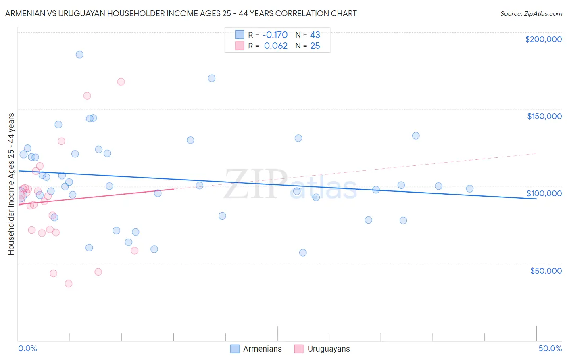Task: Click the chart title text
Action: point(181,13)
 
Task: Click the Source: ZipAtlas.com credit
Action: point(531,13)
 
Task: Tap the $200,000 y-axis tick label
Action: point(543,39)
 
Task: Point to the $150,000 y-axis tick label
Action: point(544,116)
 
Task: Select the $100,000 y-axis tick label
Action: point(544,193)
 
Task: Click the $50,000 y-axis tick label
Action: point(546,270)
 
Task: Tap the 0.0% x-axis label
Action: point(27,348)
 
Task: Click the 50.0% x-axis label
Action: point(550,348)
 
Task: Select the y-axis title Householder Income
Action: point(11,184)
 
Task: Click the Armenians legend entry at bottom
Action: point(256,349)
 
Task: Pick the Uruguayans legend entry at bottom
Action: point(322,349)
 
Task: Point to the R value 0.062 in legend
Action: point(275,46)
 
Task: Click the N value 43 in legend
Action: point(315,35)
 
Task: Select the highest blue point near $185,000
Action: point(79,54)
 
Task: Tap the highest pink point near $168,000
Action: point(121,82)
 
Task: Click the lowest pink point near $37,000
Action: point(69,283)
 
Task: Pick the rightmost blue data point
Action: point(469,188)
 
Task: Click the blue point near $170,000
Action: point(212,78)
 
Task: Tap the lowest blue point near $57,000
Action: point(303,253)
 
